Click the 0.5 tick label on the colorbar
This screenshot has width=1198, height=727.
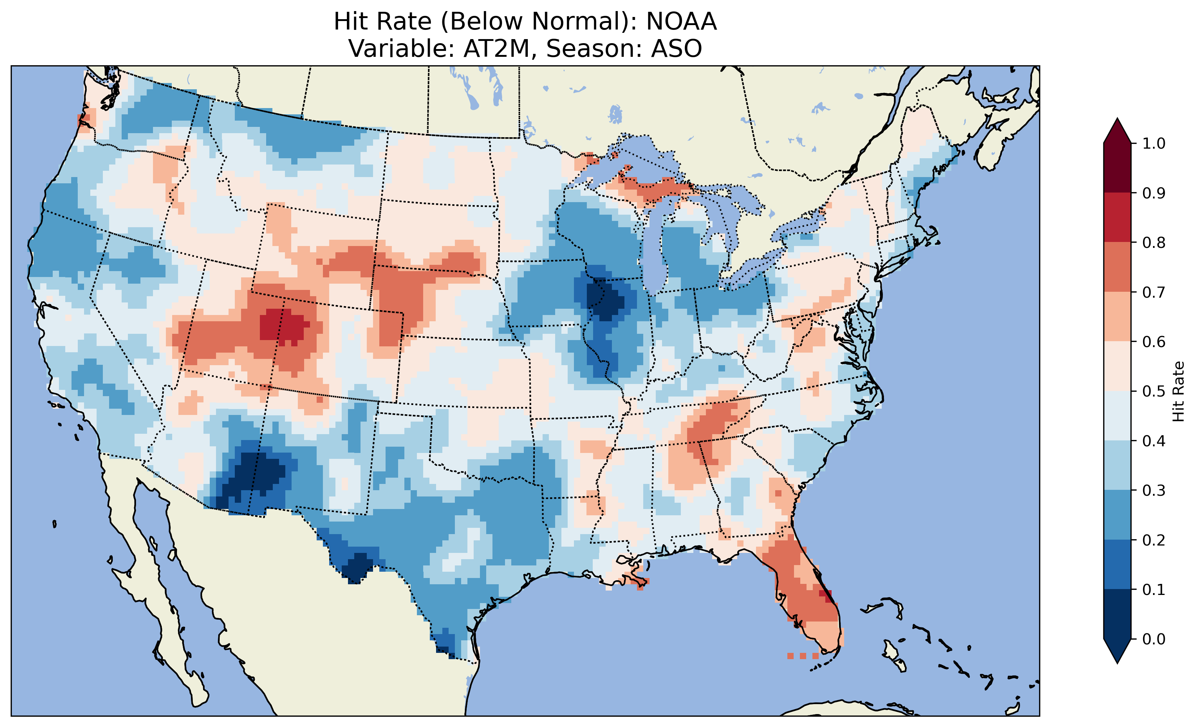1153,391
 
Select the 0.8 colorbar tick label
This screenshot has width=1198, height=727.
1153,242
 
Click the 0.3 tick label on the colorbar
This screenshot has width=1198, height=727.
1153,491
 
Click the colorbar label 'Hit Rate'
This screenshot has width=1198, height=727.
1178,391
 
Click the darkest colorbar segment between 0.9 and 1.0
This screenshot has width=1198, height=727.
1117,168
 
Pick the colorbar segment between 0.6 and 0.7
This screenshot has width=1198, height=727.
1117,316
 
